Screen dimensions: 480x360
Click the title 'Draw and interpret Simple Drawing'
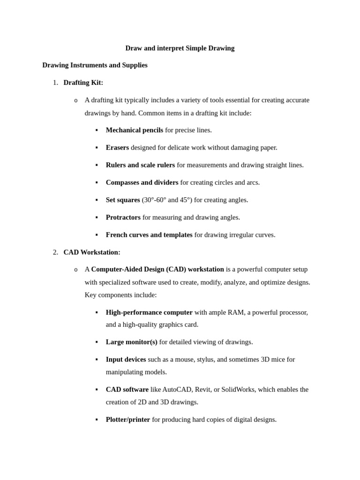180,48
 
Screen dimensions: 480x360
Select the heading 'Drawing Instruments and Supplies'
95,65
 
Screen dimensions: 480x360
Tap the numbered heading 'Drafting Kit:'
83,82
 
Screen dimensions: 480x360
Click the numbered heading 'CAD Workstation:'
92,252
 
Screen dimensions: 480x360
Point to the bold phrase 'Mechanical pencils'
134,130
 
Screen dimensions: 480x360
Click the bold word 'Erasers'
117,148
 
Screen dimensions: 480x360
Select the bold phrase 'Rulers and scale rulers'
140,165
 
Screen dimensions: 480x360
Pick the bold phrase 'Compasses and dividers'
142,182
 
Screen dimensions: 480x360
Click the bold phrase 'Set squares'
123,200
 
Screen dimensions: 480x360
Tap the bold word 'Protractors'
123,217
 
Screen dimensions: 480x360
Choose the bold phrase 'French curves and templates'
149,235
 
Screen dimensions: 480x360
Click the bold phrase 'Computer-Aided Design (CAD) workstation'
157,270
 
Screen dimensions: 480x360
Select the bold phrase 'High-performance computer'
149,313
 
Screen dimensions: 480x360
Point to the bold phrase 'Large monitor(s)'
131,342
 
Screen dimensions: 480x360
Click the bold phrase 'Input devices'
126,360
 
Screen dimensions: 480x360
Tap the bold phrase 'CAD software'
127,390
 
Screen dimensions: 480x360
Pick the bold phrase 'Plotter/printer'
128,420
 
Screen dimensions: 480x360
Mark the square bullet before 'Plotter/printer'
97,420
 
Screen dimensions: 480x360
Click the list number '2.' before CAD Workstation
55,252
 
